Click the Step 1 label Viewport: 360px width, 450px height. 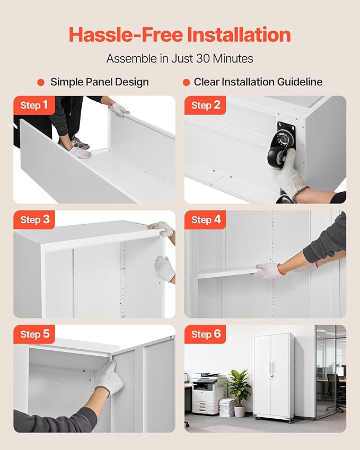pos(34,105)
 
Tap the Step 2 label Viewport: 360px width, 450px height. pos(206,105)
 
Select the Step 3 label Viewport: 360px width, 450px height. pos(35,219)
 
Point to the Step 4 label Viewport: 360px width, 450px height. pos(206,219)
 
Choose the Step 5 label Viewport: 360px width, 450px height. pos(35,334)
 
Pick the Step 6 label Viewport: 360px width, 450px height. pos(206,334)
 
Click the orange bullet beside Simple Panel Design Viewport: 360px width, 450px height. pos(41,82)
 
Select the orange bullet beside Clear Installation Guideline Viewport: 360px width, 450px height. pos(186,82)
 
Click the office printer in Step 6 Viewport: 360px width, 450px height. pos(206,393)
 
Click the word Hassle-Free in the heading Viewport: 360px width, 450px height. pos(126,34)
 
